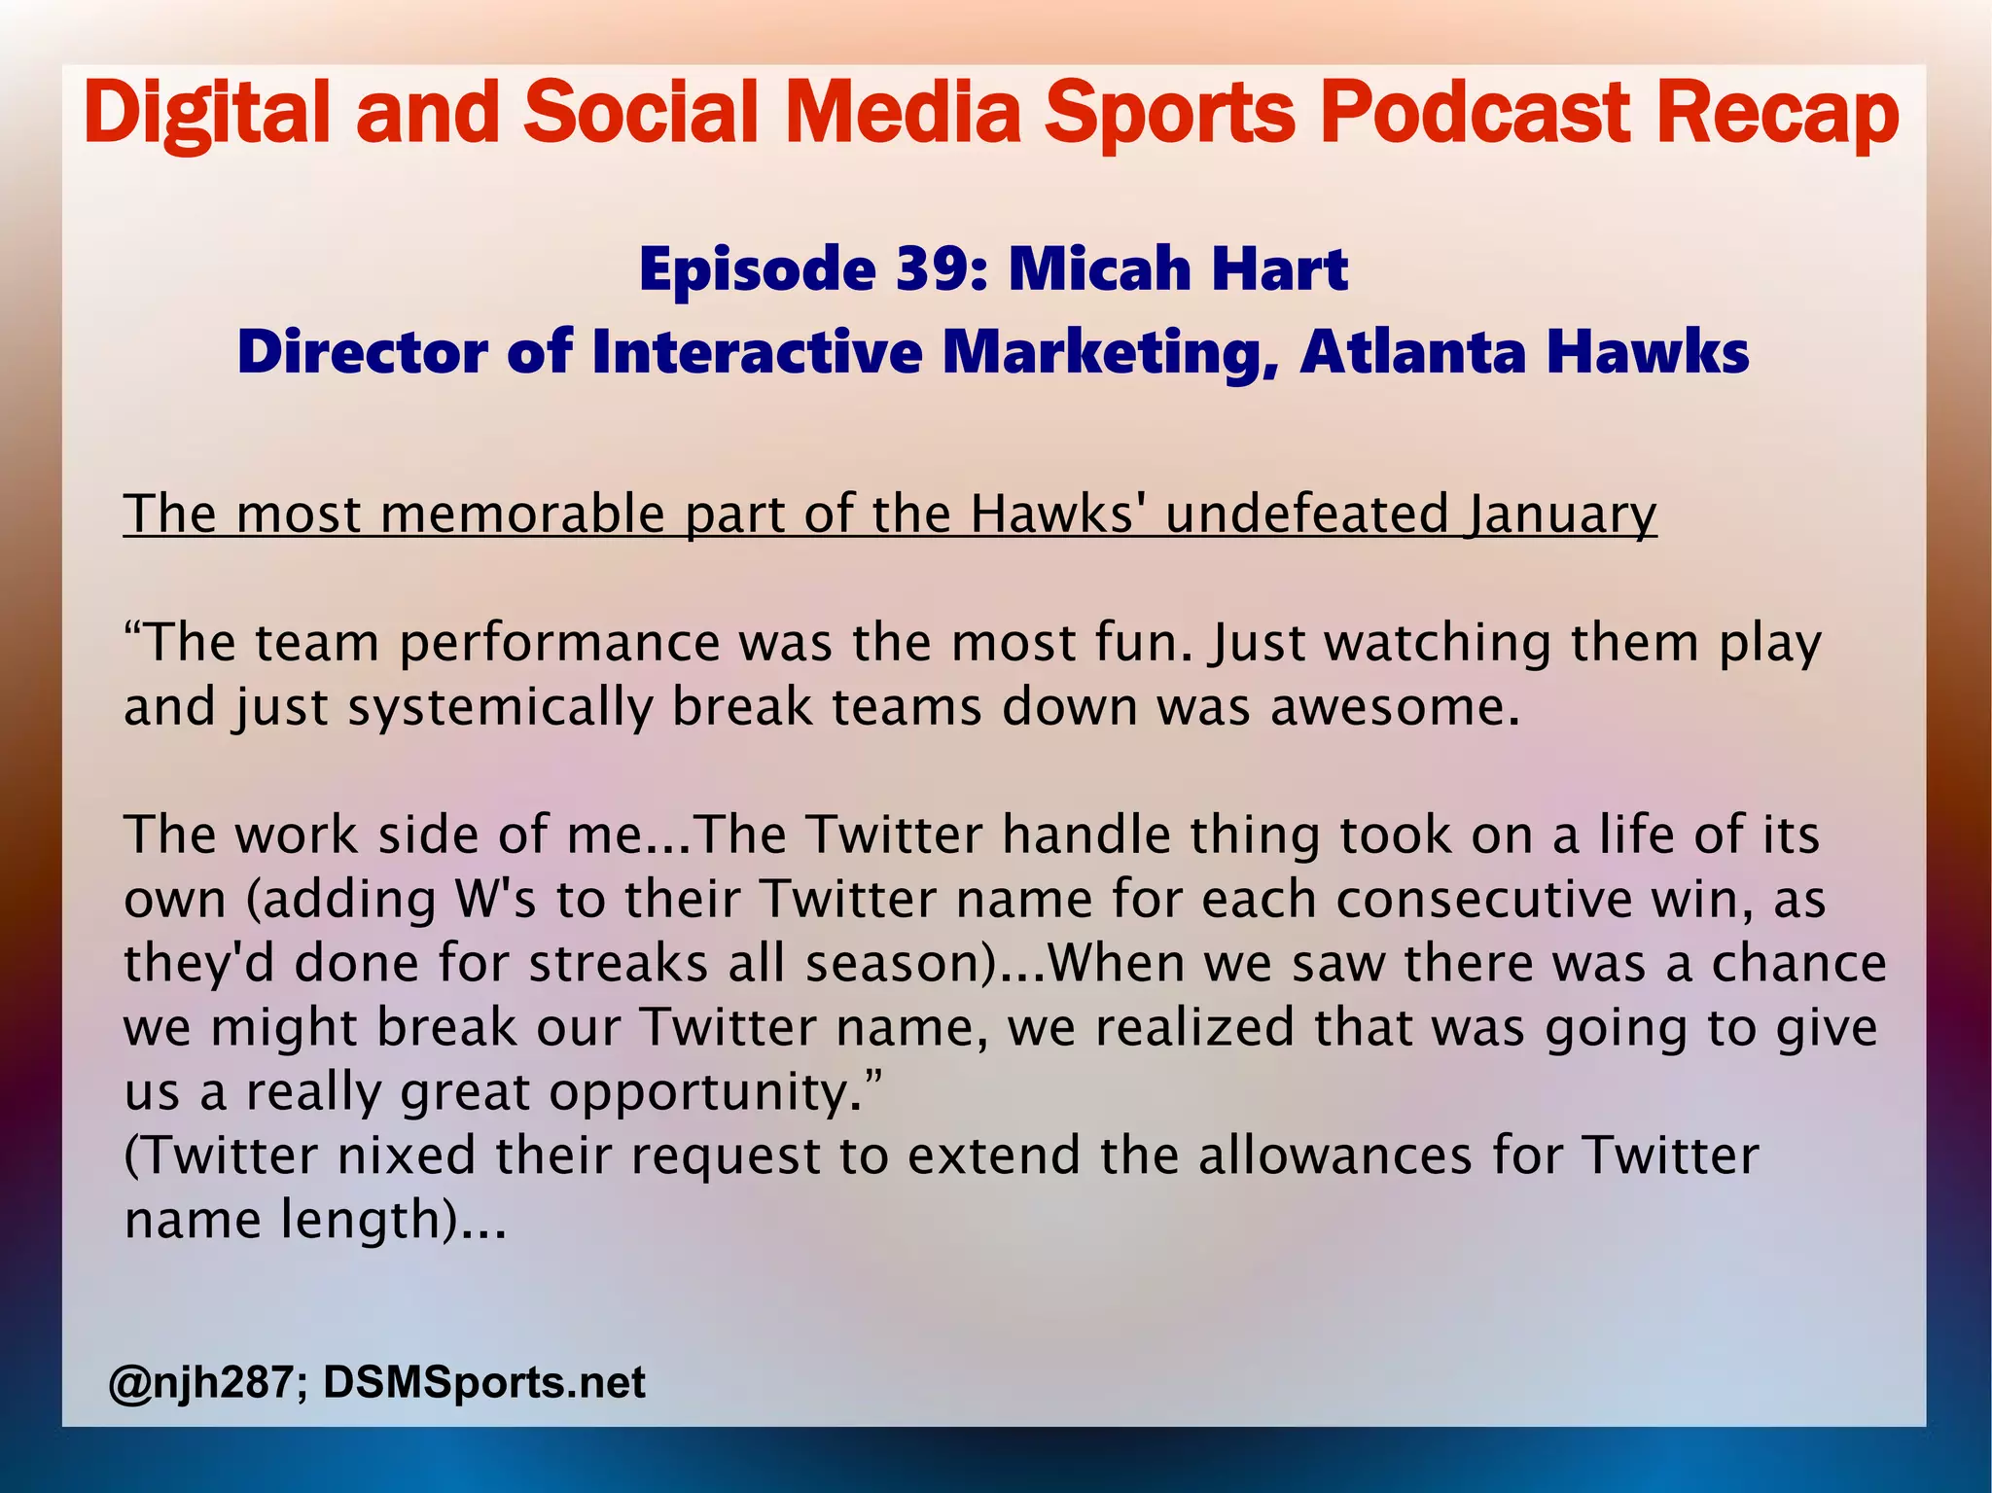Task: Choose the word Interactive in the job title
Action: click(x=756, y=351)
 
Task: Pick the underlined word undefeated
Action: click(x=1306, y=514)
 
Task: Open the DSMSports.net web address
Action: click(x=483, y=1382)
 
